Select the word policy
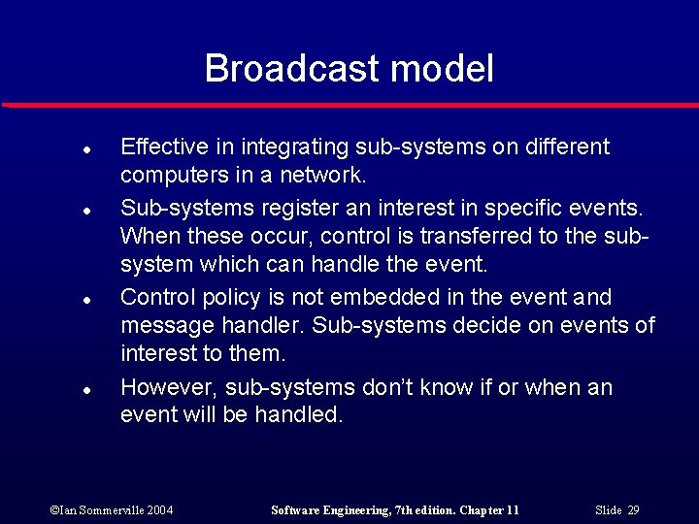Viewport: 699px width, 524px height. pos(231,297)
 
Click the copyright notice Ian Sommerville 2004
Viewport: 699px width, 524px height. pos(112,510)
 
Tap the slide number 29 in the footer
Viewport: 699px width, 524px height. pos(632,510)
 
